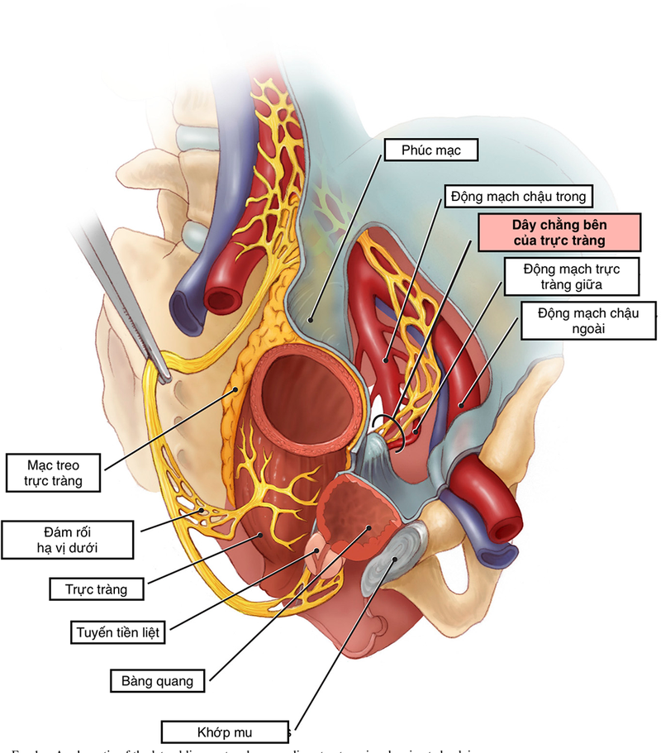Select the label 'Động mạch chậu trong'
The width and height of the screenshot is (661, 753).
click(518, 197)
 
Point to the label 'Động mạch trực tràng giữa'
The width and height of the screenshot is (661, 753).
click(571, 278)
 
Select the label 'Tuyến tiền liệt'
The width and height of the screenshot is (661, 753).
click(117, 633)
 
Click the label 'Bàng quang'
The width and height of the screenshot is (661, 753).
click(157, 682)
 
